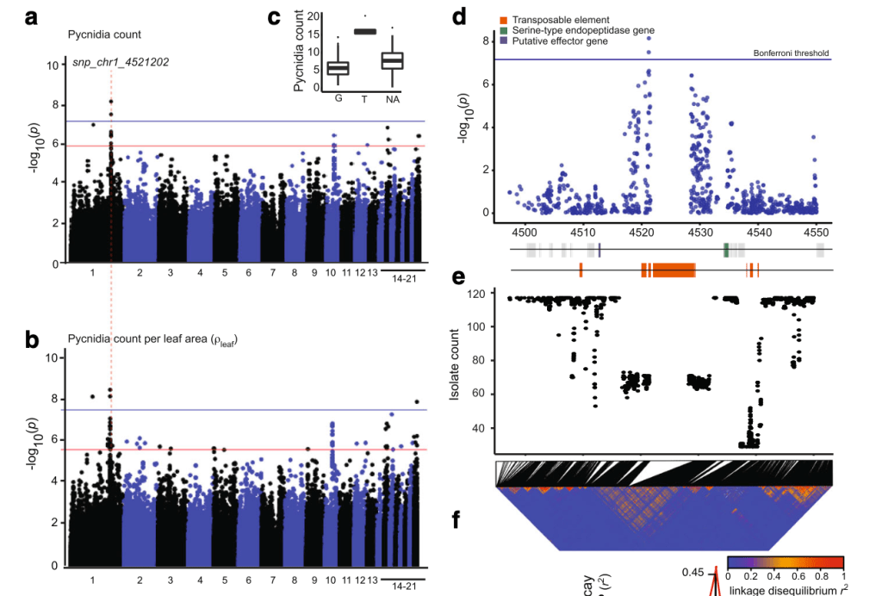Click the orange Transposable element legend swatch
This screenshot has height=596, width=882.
503,20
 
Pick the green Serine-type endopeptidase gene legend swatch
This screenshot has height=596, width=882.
503,30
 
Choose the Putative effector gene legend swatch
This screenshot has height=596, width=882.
503,40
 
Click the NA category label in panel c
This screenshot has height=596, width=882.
393,99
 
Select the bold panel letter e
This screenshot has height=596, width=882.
458,277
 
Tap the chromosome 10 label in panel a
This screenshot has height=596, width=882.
331,273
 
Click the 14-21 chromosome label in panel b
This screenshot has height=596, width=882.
403,586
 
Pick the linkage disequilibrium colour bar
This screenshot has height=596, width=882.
785,564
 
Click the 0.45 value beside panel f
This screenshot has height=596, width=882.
693,572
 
